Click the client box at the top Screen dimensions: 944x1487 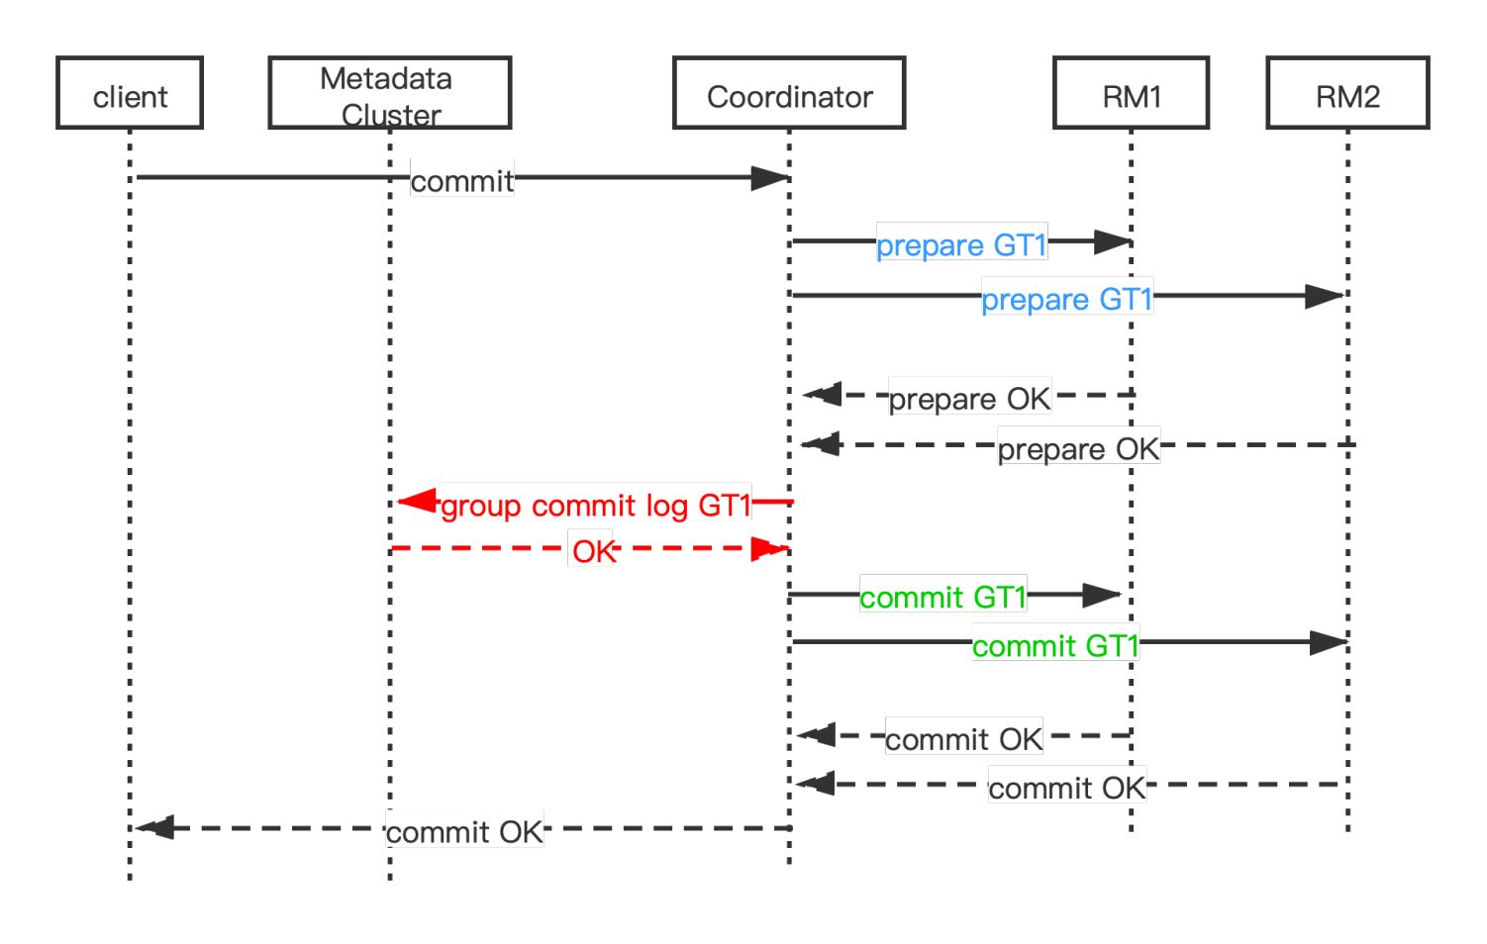coord(130,93)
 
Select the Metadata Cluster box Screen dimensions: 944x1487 coord(389,93)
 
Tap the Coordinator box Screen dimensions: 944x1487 coord(789,93)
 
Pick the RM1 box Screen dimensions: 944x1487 coord(1131,93)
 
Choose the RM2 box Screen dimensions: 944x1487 coord(1347,93)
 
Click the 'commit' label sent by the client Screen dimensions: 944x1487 coord(461,181)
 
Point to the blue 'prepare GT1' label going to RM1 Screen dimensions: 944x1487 coord(961,244)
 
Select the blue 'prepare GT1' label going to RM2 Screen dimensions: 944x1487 coord(1067,299)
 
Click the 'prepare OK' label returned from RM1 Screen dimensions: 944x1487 coord(969,399)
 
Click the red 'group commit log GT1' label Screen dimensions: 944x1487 coord(596,506)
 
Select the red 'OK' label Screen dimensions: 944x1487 coord(593,551)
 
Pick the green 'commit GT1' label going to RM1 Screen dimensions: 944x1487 coord(942,597)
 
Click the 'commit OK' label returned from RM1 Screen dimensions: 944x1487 coord(963,739)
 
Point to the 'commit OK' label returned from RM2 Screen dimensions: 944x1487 coord(1066,788)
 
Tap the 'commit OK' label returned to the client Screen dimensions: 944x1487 coord(464,832)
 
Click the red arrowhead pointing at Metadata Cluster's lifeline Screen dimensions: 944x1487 coord(417,502)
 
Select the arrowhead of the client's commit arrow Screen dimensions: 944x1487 coord(769,178)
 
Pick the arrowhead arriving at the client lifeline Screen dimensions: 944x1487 coord(155,827)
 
